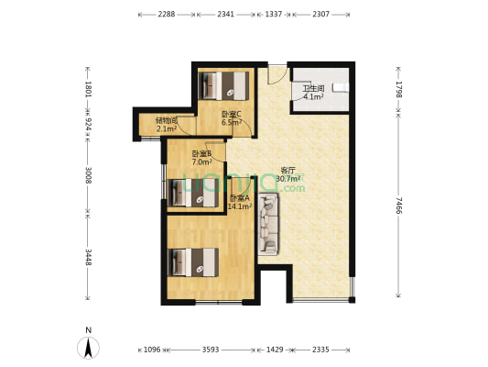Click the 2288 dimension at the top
(x=167, y=15)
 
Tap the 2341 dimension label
(x=225, y=15)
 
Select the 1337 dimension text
(x=273, y=15)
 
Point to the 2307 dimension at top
(x=320, y=15)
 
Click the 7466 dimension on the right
(x=398, y=206)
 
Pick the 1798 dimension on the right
(x=398, y=90)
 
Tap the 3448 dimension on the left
(x=89, y=257)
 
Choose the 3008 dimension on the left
(x=89, y=175)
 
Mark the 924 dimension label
(x=89, y=124)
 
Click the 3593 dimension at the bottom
(x=211, y=350)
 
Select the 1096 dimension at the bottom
(x=152, y=350)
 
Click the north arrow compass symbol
(x=89, y=348)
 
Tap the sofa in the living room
(x=268, y=224)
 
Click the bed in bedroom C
(x=223, y=85)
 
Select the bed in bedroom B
(x=193, y=193)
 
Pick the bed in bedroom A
(x=193, y=262)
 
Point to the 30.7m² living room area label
(x=288, y=179)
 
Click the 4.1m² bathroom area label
(x=313, y=96)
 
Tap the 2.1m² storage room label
(x=167, y=128)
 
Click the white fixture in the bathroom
(x=341, y=87)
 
